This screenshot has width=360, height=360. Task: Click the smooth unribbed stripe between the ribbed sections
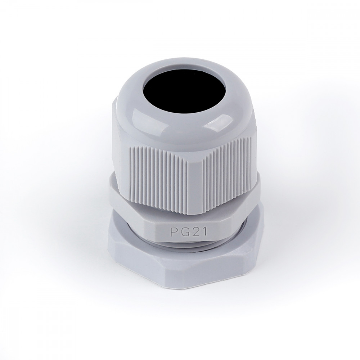pyautogui.click(x=195, y=184)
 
